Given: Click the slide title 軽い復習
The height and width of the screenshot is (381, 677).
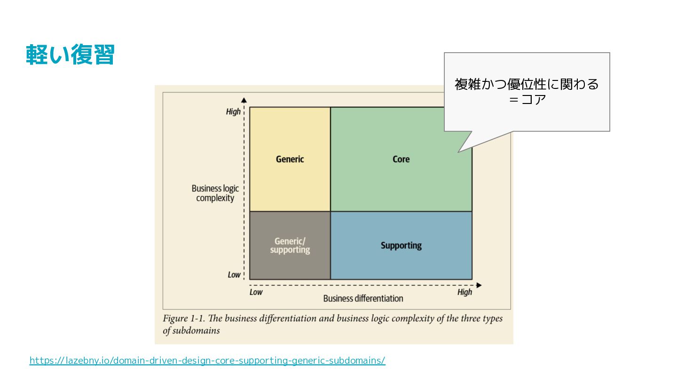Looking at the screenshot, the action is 71,55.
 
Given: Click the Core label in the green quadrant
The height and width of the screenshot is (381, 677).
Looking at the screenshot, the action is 401,159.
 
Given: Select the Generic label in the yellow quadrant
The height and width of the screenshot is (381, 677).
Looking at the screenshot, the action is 290,159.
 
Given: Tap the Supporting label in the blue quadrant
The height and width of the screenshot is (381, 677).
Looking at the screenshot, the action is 401,246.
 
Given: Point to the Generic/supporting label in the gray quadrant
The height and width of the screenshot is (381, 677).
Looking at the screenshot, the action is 290,246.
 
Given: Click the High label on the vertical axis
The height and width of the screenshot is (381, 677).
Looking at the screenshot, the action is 233,111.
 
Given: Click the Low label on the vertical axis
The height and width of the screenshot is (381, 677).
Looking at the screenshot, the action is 234,275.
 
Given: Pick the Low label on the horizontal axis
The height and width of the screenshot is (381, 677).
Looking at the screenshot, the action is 256,292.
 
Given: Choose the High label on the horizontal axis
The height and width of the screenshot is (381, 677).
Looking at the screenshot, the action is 464,292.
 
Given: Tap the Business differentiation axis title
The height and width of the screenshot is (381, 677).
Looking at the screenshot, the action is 363,298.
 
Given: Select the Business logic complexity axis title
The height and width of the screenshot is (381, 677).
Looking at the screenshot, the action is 215,193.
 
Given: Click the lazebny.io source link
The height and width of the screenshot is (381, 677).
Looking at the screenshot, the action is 207,361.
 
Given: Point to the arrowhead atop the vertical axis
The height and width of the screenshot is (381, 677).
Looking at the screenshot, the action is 244,99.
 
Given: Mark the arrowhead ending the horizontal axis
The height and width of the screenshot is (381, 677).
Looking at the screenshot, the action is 479,285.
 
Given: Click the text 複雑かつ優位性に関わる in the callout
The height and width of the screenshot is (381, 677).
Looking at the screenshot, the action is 527,84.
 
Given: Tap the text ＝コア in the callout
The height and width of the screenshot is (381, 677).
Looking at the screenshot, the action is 527,100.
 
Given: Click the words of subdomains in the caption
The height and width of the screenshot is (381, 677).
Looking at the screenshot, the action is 191,331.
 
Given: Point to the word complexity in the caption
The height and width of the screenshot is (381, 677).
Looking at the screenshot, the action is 414,318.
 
